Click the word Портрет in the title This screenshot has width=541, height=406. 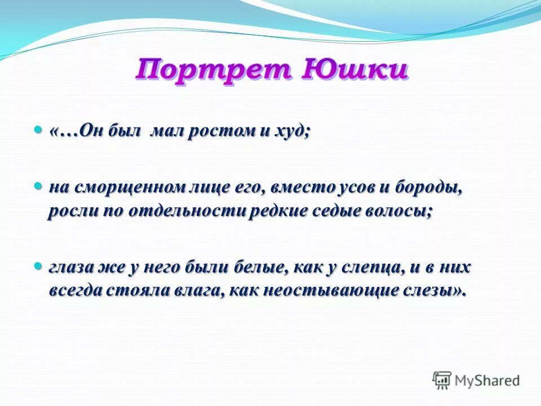pyautogui.click(x=212, y=72)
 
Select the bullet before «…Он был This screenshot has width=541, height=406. pyautogui.click(x=38, y=130)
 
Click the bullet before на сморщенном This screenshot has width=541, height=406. pyautogui.click(x=38, y=186)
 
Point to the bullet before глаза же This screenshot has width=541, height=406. pyautogui.click(x=38, y=264)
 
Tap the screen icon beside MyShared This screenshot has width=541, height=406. pyautogui.click(x=441, y=380)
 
